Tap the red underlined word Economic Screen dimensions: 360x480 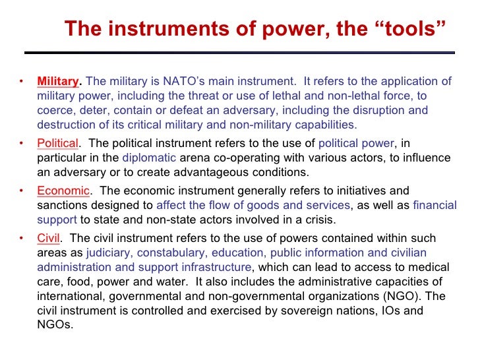[63, 191]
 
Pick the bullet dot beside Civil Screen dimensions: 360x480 [21, 239]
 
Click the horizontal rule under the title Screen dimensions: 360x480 [239, 52]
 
